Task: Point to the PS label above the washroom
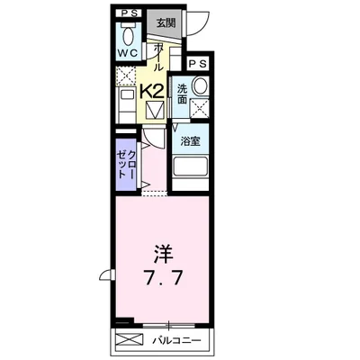coord(198,65)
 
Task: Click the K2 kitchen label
coord(151,90)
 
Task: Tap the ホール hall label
coord(159,56)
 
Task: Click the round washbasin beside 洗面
coord(200,86)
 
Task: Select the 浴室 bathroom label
coord(190,141)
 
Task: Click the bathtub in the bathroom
coord(190,167)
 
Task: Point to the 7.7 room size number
coord(163,278)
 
